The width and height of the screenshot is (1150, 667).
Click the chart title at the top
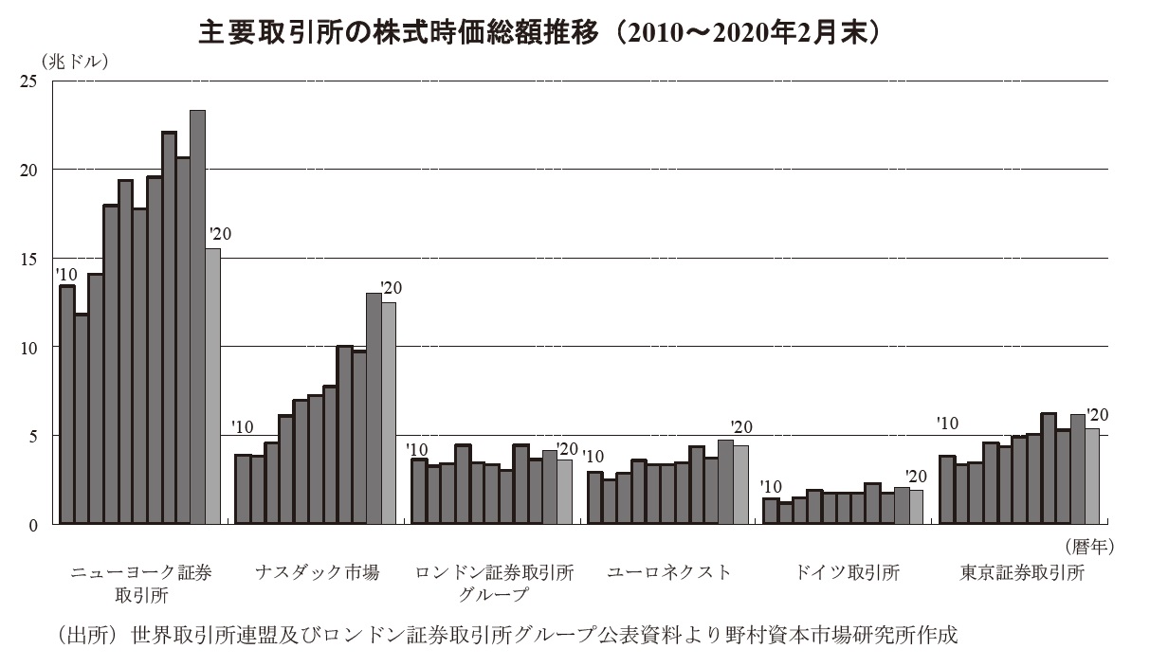click(x=540, y=33)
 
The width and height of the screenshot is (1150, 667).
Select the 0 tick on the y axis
click(x=33, y=524)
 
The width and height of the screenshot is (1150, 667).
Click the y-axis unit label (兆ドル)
click(x=76, y=62)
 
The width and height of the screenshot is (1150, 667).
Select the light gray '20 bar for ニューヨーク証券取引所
click(x=212, y=386)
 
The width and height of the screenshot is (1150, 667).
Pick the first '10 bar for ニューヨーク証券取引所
click(x=66, y=405)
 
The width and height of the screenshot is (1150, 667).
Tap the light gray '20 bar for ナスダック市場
click(x=389, y=413)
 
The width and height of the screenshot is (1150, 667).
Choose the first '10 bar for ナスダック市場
click(x=242, y=489)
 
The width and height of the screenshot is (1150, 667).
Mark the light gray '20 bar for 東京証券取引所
click(x=1092, y=476)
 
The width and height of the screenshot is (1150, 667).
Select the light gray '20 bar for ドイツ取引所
click(x=916, y=507)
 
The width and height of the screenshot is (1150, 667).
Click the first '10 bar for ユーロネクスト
click(x=594, y=497)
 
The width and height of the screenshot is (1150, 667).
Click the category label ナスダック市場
click(x=317, y=573)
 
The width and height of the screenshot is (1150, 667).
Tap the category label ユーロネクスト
click(x=668, y=573)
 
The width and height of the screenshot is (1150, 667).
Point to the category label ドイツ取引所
click(x=847, y=573)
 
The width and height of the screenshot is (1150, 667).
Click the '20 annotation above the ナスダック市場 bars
click(x=390, y=287)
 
